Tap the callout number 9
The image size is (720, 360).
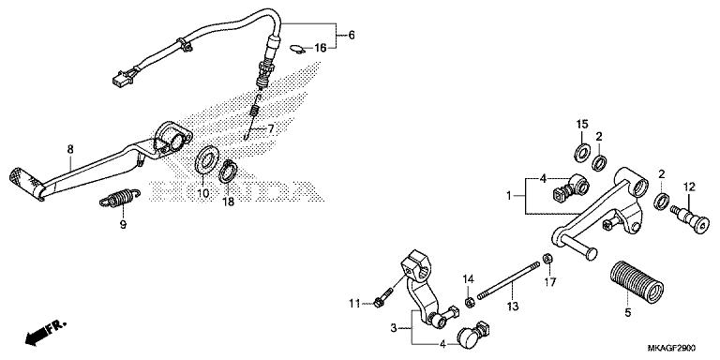pos(121,224)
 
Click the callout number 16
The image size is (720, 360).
pos(321,47)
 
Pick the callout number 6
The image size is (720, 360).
pos(352,35)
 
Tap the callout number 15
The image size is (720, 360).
pos(581,125)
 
